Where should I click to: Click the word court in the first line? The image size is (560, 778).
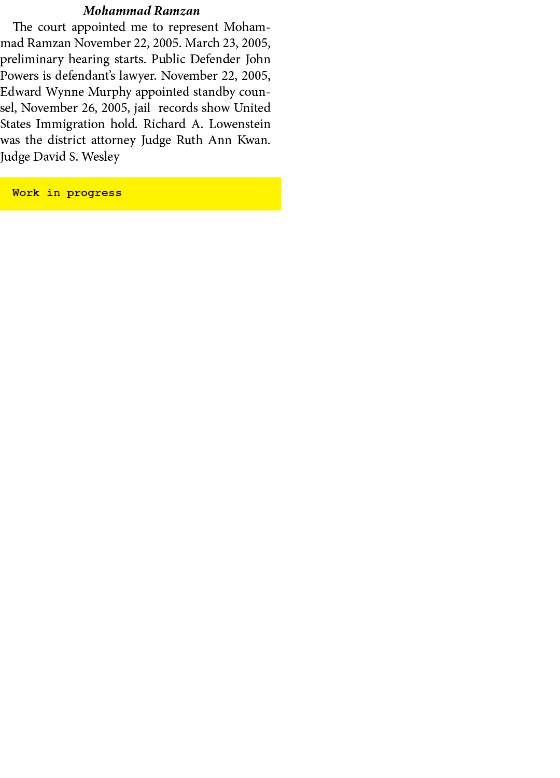52,27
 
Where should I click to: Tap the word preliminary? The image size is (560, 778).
32,60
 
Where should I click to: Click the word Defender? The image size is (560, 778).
215,59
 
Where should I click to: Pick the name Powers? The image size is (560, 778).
19,76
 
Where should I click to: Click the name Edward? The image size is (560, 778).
21,92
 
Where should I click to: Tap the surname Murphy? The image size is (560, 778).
110,92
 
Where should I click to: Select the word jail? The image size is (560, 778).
143,108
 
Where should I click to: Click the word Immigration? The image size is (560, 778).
70,124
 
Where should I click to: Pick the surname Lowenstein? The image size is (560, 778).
240,124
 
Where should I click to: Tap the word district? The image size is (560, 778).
66,140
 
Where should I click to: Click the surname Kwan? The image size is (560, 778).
254,140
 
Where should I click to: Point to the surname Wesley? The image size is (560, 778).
101,157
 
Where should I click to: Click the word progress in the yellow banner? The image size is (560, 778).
94,193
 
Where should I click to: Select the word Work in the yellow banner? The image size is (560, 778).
26,192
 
